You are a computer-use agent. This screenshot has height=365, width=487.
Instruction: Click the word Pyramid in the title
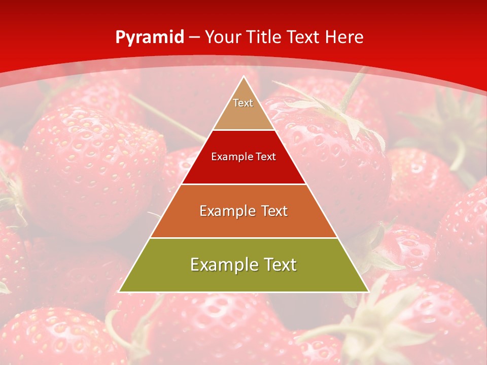click(x=150, y=38)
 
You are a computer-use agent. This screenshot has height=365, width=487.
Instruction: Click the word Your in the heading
click(x=224, y=37)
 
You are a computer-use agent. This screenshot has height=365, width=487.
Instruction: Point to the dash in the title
click(x=194, y=38)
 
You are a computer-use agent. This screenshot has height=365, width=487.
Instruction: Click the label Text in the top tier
click(x=243, y=103)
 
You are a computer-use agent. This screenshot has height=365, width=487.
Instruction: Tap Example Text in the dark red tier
click(x=243, y=157)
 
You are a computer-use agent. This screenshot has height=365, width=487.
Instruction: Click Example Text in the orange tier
click(x=243, y=211)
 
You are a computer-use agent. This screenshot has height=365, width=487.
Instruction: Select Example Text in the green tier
click(x=243, y=265)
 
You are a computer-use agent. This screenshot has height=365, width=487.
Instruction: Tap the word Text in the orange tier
click(x=271, y=211)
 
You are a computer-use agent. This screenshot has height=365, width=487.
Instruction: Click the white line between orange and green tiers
click(x=243, y=238)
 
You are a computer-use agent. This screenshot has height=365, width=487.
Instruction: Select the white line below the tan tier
click(x=243, y=130)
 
